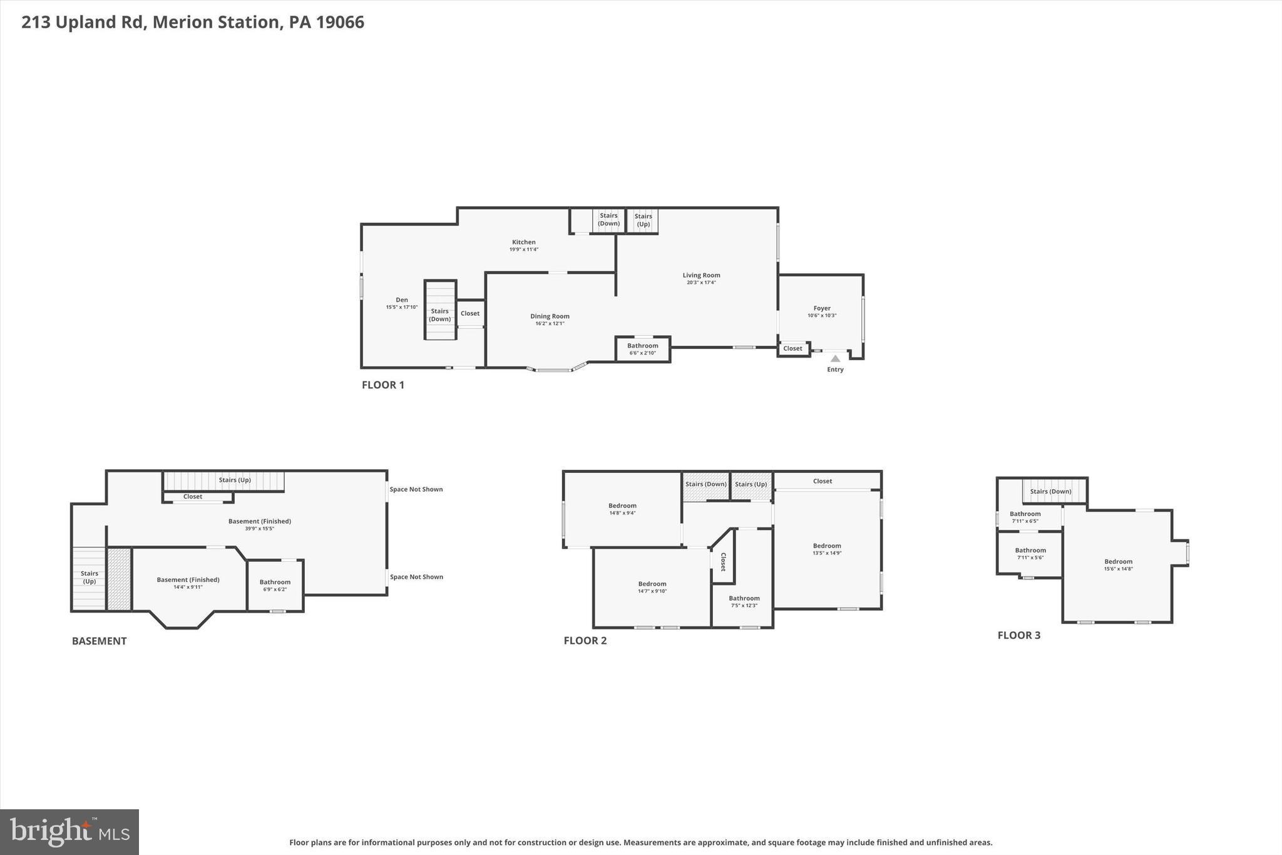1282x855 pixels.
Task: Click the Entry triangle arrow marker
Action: pyautogui.click(x=835, y=358)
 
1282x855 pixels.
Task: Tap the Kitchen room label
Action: pyautogui.click(x=523, y=242)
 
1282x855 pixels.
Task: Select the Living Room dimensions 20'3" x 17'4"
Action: pyautogui.click(x=701, y=282)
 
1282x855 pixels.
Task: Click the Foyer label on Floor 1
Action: pyautogui.click(x=821, y=308)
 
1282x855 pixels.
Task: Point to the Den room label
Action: pyautogui.click(x=401, y=300)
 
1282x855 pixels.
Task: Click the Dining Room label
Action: pyautogui.click(x=550, y=316)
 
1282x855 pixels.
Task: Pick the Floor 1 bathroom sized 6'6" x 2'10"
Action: pyautogui.click(x=642, y=349)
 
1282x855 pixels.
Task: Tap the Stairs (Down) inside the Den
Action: pyautogui.click(x=439, y=315)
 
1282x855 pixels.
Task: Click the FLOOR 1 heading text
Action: pyautogui.click(x=382, y=385)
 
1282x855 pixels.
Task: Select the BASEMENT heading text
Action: pyautogui.click(x=99, y=641)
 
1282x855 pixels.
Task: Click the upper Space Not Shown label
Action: pyautogui.click(x=416, y=489)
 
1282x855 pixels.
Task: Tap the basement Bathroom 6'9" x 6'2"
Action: pyautogui.click(x=275, y=585)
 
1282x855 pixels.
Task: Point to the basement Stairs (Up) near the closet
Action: pyautogui.click(x=235, y=480)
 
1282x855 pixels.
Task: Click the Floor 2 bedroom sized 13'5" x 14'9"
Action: pyautogui.click(x=826, y=549)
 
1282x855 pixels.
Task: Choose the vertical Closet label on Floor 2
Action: pyautogui.click(x=723, y=562)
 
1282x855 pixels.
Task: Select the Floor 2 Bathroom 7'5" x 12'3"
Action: pyautogui.click(x=744, y=601)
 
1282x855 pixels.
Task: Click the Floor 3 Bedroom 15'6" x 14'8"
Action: pyautogui.click(x=1118, y=565)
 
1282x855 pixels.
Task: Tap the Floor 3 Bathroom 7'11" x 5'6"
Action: pyautogui.click(x=1030, y=554)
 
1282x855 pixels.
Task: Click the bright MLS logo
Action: pyautogui.click(x=69, y=831)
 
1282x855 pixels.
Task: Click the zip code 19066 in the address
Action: pyautogui.click(x=340, y=23)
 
